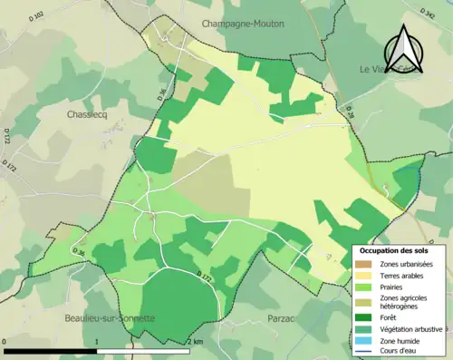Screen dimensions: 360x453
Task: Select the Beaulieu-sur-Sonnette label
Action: click(110, 318)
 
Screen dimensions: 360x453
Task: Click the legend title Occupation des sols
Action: click(395, 250)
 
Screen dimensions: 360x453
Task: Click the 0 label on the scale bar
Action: click(5, 342)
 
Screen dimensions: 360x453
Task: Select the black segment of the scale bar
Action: click(51, 351)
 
